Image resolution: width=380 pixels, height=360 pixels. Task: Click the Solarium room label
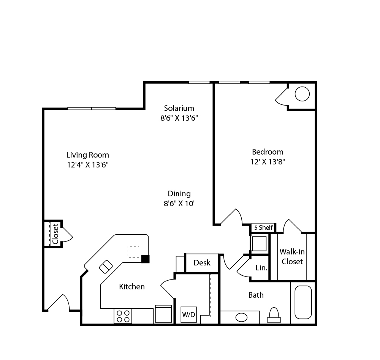pyautogui.click(x=179, y=108)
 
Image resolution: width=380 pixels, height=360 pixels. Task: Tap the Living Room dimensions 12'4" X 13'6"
pyautogui.click(x=87, y=165)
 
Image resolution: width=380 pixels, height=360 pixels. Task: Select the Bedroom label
pyautogui.click(x=268, y=152)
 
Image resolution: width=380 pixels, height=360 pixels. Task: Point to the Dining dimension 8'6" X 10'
pyautogui.click(x=179, y=204)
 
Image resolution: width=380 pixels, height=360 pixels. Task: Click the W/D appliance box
pyautogui.click(x=188, y=314)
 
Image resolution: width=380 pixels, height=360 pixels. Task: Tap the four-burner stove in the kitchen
pyautogui.click(x=123, y=316)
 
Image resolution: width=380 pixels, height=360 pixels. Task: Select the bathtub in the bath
pyautogui.click(x=303, y=302)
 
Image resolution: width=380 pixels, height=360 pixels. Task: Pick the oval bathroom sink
pyautogui.click(x=241, y=317)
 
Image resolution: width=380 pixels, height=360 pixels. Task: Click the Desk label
pyautogui.click(x=202, y=263)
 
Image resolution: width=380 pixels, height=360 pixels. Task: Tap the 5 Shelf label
pyautogui.click(x=263, y=228)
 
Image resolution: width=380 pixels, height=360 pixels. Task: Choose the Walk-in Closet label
pyautogui.click(x=292, y=257)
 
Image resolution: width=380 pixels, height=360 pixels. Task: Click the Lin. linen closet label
pyautogui.click(x=261, y=268)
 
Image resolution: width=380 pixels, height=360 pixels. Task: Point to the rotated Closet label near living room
pyautogui.click(x=55, y=234)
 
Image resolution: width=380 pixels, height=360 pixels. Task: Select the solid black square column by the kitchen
pyautogui.click(x=146, y=259)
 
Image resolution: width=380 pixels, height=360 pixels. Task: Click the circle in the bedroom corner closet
pyautogui.click(x=302, y=94)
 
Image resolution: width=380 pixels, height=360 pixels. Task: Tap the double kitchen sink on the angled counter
pyautogui.click(x=106, y=267)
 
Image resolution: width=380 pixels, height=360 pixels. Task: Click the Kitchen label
pyautogui.click(x=132, y=287)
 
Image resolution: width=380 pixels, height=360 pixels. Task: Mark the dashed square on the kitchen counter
pyautogui.click(x=133, y=251)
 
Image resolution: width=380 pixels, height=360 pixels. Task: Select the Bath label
pyautogui.click(x=256, y=295)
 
